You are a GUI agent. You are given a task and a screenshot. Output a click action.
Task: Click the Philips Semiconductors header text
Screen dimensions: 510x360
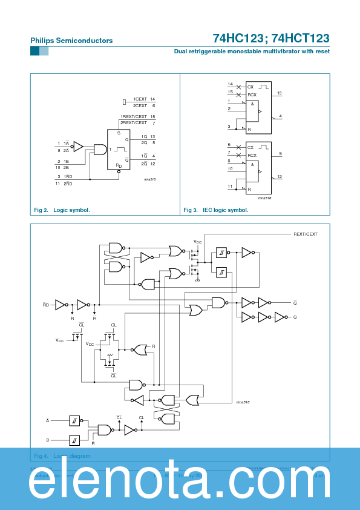tap(71, 41)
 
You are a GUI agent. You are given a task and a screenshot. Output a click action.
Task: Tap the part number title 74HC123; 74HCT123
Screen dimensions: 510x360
tap(270, 38)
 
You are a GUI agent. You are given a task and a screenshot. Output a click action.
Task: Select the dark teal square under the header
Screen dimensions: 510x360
tap(34, 51)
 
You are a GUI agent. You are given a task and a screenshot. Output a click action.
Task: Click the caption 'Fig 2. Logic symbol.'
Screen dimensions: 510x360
tap(62, 210)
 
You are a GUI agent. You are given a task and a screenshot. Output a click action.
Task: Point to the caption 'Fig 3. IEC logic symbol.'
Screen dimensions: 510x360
tap(216, 210)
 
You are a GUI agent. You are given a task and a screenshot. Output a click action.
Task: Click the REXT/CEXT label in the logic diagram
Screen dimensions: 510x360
tap(305, 234)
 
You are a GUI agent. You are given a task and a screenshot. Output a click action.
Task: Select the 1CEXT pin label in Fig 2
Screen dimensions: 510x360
tap(140, 99)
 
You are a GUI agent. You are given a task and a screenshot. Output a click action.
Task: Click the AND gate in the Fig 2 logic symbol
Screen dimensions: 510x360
tap(100, 149)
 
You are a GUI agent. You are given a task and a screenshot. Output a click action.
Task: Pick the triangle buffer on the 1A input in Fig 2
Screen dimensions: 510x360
tap(77, 146)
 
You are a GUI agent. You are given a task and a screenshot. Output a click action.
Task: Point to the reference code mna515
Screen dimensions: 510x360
tap(149, 179)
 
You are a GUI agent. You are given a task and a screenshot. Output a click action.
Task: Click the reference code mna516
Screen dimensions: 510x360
tap(264, 197)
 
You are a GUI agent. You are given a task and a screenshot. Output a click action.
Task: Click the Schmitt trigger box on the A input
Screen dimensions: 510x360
tap(74, 420)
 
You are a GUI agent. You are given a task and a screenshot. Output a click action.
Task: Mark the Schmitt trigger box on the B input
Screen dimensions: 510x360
tap(74, 440)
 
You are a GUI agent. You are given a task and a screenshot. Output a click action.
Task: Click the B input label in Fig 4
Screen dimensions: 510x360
tap(48, 440)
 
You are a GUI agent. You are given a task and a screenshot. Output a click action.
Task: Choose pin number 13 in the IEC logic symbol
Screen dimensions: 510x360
tap(280, 93)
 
